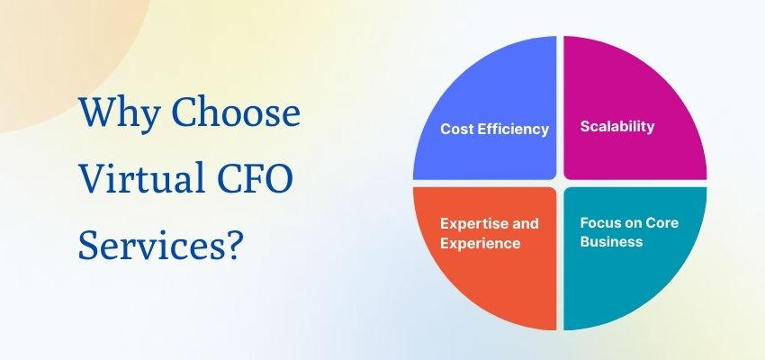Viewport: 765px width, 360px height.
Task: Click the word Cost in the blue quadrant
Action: tap(456, 129)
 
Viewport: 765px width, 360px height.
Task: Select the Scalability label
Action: tap(616, 126)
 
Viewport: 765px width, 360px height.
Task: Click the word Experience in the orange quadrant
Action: tap(480, 243)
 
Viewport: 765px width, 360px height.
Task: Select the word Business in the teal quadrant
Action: tap(611, 241)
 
